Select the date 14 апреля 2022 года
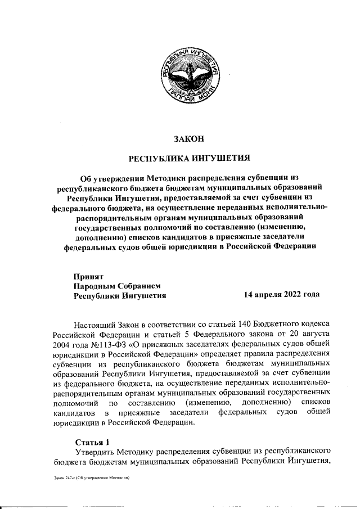(x=282, y=295)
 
